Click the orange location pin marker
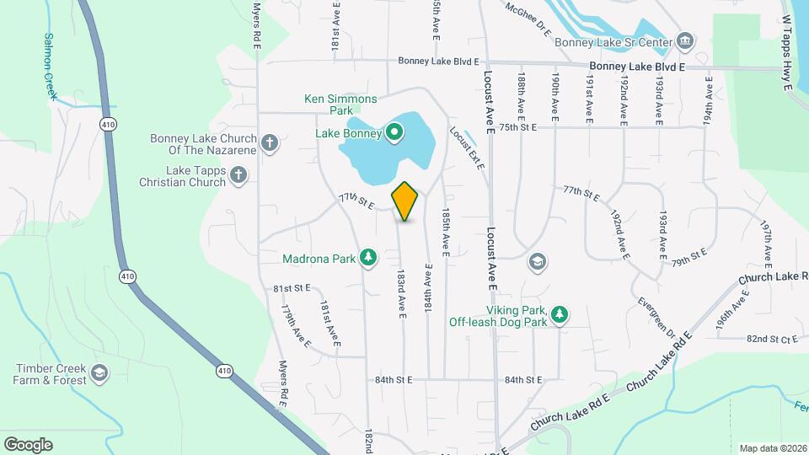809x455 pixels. pos(405,201)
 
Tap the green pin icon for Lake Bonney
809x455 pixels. pos(394,132)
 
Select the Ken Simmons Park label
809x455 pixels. pos(340,104)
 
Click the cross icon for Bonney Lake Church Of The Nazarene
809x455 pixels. pos(270,142)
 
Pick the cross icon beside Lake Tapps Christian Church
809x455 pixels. pos(238,175)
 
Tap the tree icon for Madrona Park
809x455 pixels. pos(367,257)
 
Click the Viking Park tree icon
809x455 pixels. pos(559,316)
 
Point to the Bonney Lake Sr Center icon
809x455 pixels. pos(685,41)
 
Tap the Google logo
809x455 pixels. pos(28,444)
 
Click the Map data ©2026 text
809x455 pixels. pos(773,448)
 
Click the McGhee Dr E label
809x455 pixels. pos(528,19)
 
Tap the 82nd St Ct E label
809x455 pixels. pos(772,339)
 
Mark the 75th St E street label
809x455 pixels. pos(517,127)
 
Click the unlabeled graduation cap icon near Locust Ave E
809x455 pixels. pos(536,263)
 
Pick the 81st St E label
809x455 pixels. pos(292,288)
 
